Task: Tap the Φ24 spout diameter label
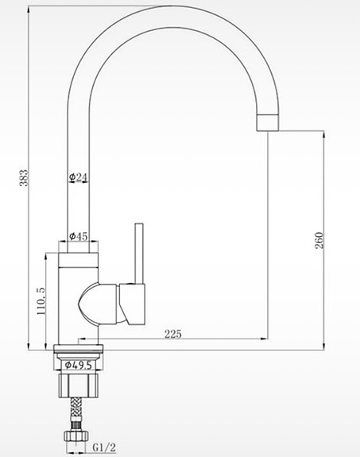[79, 176]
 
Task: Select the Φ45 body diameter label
[79, 236]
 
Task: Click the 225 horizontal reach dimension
[172, 334]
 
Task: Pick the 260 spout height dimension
[319, 241]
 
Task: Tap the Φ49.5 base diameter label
[79, 366]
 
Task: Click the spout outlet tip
[268, 122]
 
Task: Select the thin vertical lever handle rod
[137, 253]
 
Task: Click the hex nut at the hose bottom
[79, 436]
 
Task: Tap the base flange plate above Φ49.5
[79, 349]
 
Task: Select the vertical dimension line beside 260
[325, 238]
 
